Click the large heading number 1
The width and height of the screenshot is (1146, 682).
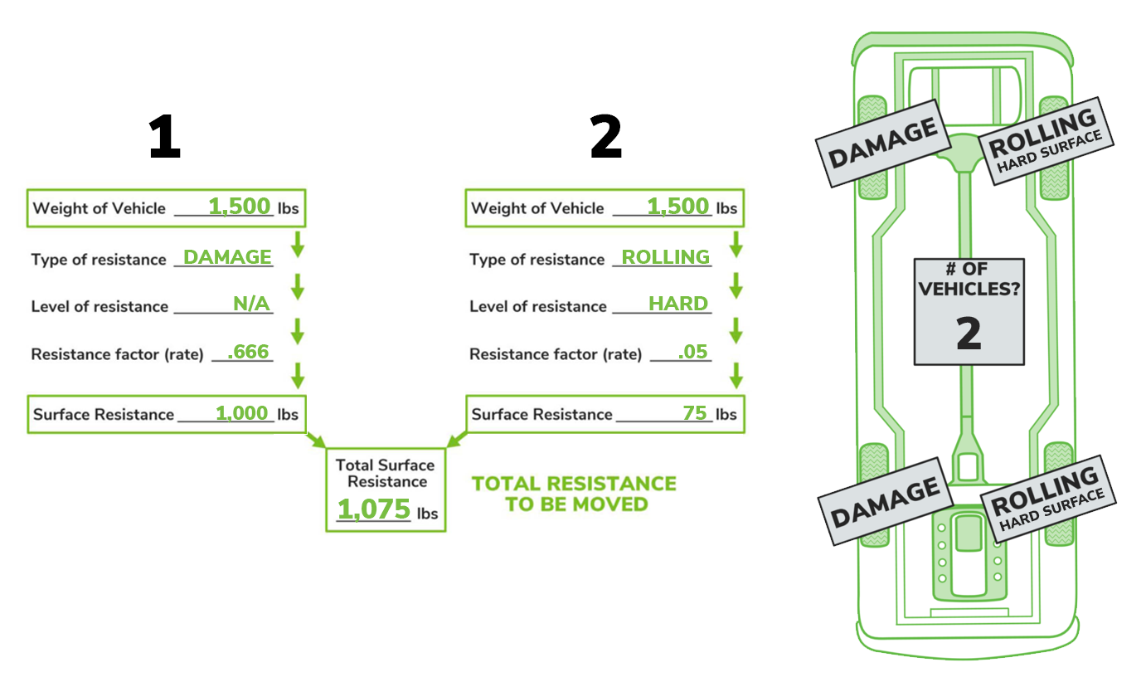(165, 136)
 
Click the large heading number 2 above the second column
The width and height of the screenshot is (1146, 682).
(605, 136)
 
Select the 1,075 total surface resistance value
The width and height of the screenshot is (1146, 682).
(374, 509)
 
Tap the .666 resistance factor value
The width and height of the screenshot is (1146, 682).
(248, 352)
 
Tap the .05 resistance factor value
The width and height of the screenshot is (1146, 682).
(692, 352)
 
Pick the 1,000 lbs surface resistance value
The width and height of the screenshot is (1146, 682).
(241, 413)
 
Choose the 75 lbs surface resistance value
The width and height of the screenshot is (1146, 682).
(695, 413)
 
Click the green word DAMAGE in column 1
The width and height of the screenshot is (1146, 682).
(227, 257)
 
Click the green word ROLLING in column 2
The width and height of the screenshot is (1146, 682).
(666, 257)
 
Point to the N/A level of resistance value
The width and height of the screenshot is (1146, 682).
(251, 304)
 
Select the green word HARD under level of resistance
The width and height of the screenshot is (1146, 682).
(678, 304)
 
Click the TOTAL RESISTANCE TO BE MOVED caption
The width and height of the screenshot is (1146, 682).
(574, 494)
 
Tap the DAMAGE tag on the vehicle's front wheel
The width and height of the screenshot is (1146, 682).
(883, 143)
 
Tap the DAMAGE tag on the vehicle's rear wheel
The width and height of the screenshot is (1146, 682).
(886, 501)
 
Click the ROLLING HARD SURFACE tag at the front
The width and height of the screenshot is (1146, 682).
(1046, 141)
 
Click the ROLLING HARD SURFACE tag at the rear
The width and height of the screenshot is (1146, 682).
(1048, 499)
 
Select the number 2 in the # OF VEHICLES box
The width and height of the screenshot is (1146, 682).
(969, 334)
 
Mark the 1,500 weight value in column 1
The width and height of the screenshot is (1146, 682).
(240, 207)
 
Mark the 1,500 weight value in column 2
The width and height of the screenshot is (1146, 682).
(677, 207)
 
